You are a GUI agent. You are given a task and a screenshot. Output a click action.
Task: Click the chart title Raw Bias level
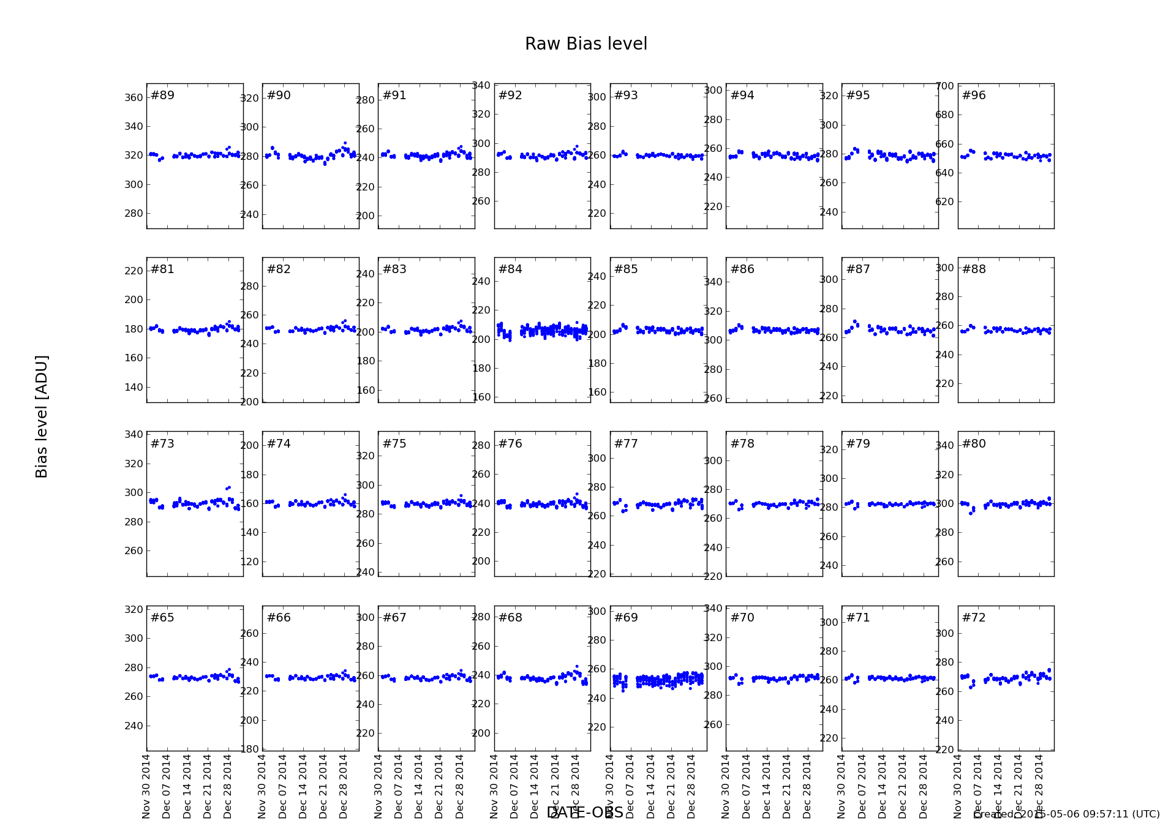pos(585,44)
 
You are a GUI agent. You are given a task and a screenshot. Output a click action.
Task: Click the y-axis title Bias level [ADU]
pos(42,416)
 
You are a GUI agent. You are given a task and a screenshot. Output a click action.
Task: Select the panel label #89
pos(162,96)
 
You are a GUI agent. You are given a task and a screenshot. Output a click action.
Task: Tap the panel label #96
pos(974,96)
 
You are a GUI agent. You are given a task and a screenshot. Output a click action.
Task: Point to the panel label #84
pos(510,269)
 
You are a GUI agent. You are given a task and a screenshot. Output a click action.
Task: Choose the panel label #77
pos(626,444)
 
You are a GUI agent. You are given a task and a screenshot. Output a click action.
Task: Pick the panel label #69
pos(626,618)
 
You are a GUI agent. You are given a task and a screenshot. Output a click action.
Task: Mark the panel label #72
pos(974,618)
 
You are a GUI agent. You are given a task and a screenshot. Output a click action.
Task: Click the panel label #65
pos(162,618)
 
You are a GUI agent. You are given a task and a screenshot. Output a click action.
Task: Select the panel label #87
pos(858,269)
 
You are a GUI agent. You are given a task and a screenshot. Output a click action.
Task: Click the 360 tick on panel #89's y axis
pos(134,98)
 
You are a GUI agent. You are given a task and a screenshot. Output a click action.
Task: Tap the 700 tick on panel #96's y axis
pos(945,86)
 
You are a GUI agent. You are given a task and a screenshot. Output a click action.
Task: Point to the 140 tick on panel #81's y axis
pos(134,388)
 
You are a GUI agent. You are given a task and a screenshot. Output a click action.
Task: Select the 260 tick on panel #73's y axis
pos(134,551)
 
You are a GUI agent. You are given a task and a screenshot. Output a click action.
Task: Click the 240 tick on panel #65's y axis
pos(134,726)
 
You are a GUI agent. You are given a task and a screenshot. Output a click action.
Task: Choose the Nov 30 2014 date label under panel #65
pos(146,786)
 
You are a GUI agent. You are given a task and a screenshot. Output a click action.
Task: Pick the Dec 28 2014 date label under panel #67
pos(460,786)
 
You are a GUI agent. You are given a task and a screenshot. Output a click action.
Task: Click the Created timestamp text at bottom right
pos(1066,814)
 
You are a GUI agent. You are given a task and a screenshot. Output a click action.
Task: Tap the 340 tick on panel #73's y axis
pos(134,435)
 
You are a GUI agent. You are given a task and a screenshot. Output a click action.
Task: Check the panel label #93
pos(626,96)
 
